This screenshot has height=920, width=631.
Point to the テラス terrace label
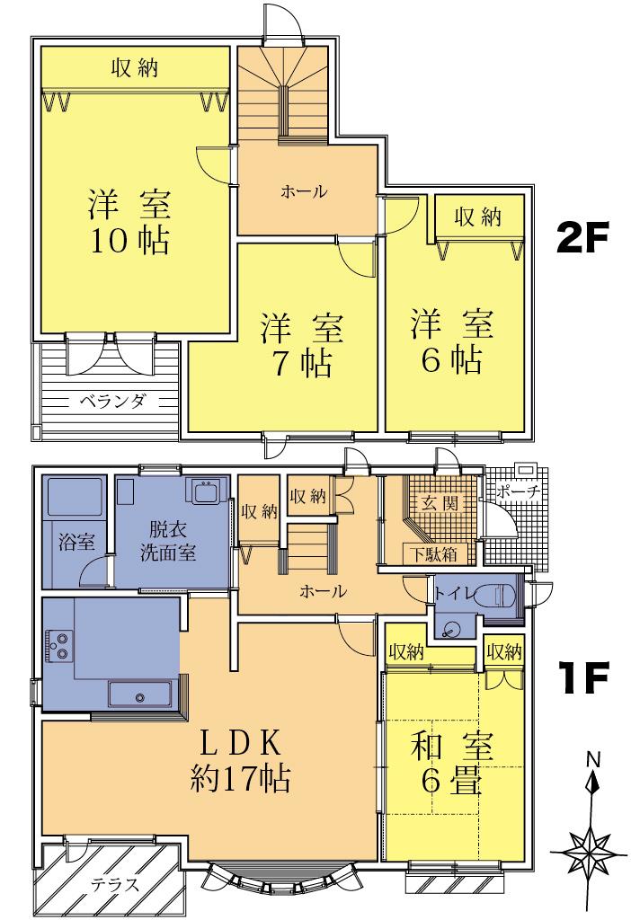pos(115,884)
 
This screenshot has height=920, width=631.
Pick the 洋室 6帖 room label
pos(453,341)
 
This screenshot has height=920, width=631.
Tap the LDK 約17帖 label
pos(240,760)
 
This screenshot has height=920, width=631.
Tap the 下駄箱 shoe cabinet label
pos(433,553)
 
